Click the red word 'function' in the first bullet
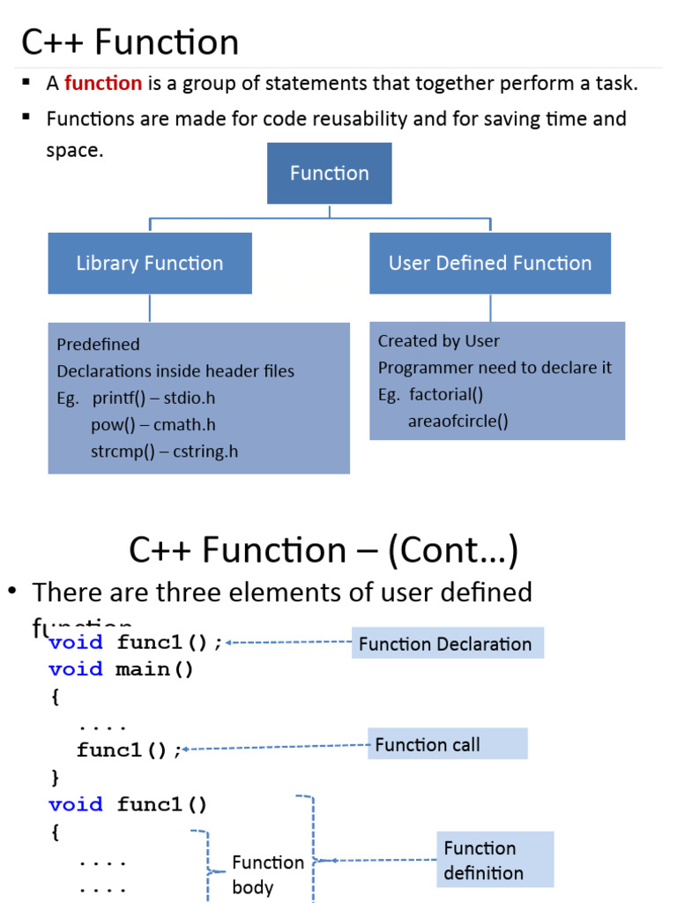click(103, 84)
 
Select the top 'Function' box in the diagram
click(330, 173)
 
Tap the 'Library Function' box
click(150, 263)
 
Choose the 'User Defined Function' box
click(490, 263)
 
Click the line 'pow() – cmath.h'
click(153, 425)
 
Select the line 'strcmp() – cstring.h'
click(164, 451)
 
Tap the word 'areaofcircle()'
click(458, 421)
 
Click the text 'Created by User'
click(439, 340)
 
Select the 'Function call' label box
click(448, 744)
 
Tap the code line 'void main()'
click(121, 669)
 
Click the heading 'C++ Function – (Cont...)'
click(324, 550)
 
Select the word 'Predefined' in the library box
click(99, 344)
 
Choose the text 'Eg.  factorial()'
click(431, 394)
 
